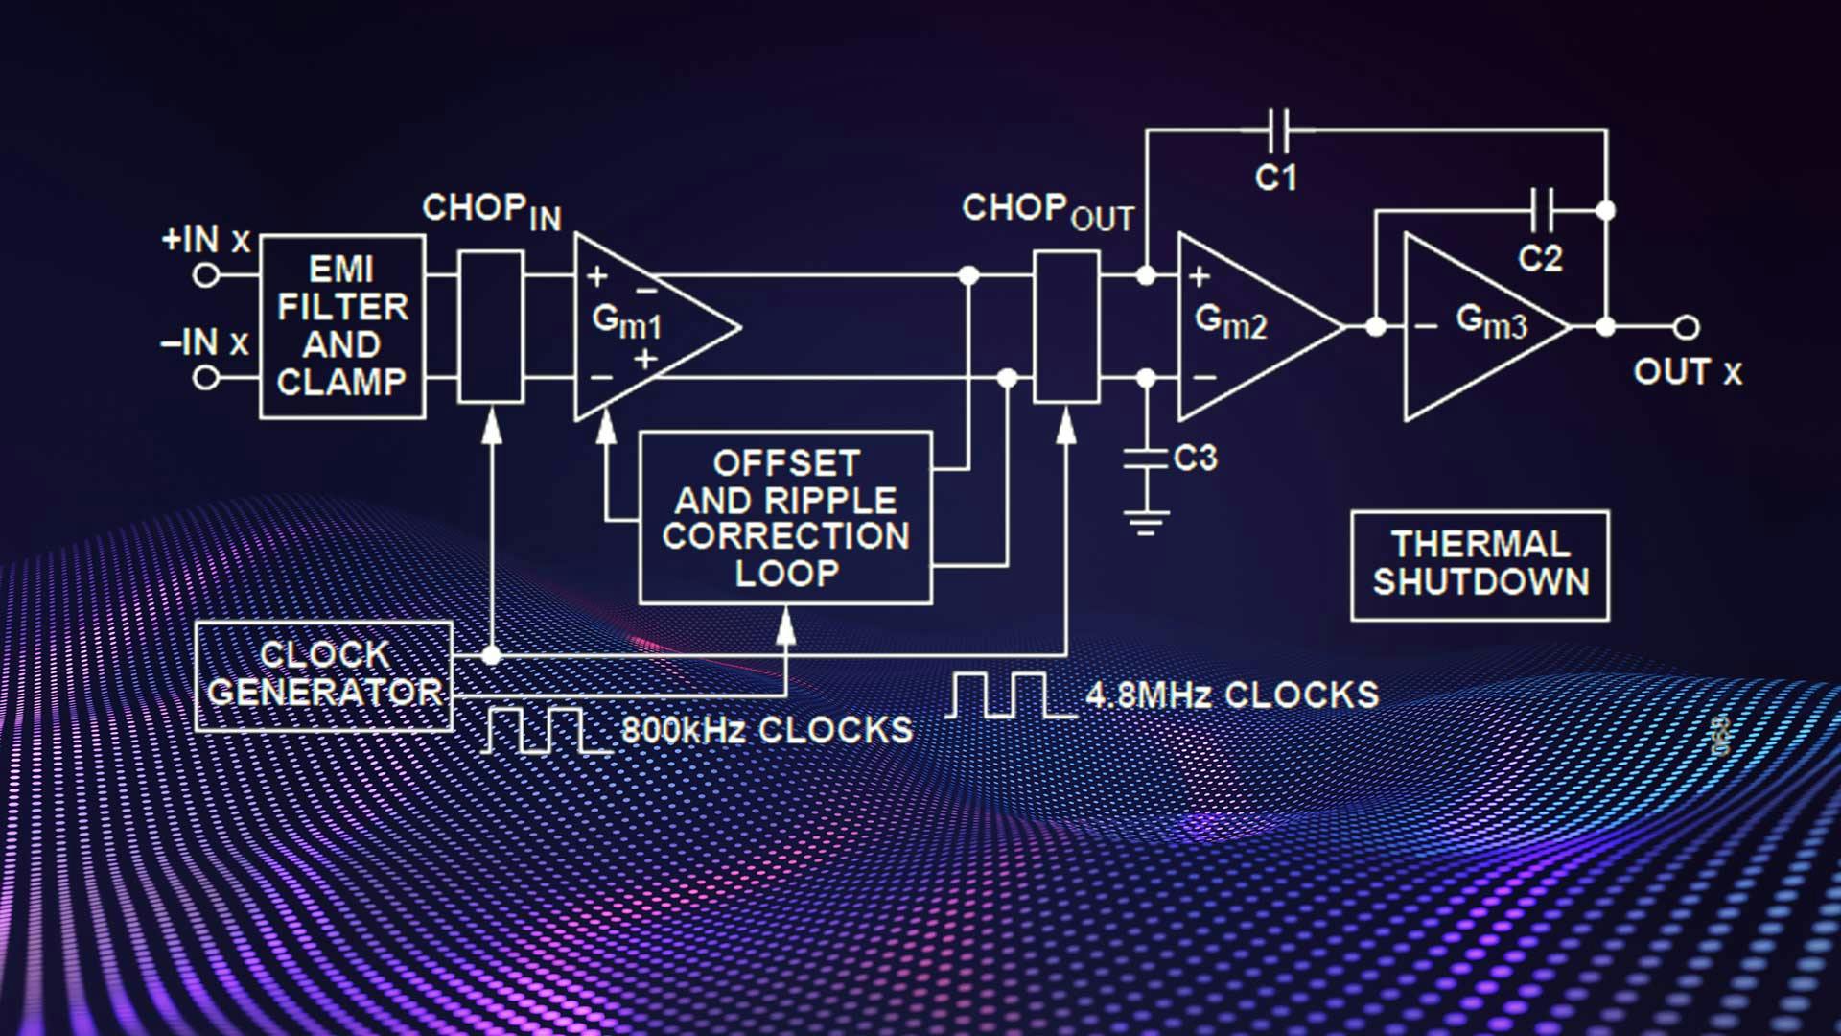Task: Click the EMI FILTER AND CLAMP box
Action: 342,326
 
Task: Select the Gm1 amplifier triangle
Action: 642,326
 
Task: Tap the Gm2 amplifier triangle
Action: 1247,326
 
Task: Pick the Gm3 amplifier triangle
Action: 1477,326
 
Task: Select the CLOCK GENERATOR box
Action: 323,675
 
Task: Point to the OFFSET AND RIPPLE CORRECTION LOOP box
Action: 785,518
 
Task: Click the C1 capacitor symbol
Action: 1278,129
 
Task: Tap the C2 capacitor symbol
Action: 1543,210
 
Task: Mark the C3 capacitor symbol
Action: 1145,458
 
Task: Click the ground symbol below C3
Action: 1145,523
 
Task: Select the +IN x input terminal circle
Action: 205,276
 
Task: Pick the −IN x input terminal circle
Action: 205,378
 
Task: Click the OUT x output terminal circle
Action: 1687,327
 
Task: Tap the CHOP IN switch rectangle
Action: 491,326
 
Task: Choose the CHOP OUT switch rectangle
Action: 1066,326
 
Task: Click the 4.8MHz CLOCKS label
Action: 1232,695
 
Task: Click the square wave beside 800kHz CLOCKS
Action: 547,731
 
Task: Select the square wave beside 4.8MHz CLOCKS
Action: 1012,695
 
